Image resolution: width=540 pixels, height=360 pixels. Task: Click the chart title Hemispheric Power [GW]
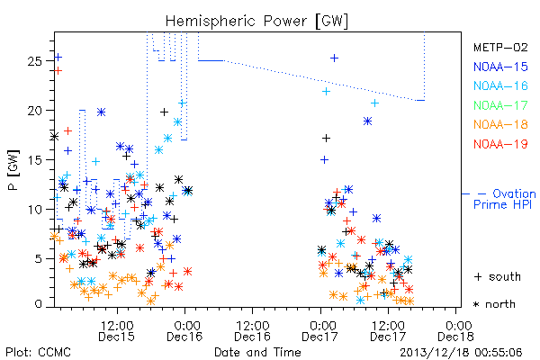(x=256, y=22)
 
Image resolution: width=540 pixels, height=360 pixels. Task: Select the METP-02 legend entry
(x=500, y=47)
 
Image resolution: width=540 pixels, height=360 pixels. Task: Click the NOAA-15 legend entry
(x=500, y=67)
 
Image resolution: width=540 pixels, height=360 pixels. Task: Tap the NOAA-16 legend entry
(x=500, y=85)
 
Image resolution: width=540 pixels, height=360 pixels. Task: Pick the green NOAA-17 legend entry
(x=500, y=105)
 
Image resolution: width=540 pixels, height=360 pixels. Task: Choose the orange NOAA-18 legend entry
(x=500, y=124)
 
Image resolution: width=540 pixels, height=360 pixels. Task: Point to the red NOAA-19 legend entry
(x=500, y=144)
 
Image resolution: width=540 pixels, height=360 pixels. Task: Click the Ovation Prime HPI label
(x=504, y=199)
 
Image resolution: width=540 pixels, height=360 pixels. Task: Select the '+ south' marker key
(x=498, y=276)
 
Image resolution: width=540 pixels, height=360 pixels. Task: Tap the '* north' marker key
(x=494, y=304)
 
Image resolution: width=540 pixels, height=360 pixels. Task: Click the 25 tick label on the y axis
(x=34, y=61)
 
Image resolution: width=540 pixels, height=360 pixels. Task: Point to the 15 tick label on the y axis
(x=34, y=160)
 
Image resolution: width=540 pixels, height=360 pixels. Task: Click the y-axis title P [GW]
(x=13, y=170)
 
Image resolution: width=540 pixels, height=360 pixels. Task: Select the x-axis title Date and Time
(x=257, y=352)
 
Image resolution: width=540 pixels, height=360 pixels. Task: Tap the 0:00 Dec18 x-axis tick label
(x=456, y=330)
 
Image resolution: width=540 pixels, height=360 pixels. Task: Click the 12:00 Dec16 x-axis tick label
(x=252, y=330)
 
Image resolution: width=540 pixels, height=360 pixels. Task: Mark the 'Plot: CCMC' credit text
(x=38, y=352)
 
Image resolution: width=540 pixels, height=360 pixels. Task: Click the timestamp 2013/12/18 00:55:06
(x=461, y=353)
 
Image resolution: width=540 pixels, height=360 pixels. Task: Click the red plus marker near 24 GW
(x=58, y=71)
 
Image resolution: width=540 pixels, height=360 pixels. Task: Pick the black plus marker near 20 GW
(x=165, y=112)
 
